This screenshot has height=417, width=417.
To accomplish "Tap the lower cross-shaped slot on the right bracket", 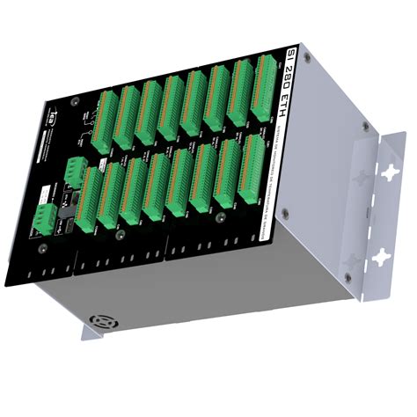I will (380, 258).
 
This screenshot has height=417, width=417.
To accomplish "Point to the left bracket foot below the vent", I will (91, 332).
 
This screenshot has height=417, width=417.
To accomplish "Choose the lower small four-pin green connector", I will (43, 214).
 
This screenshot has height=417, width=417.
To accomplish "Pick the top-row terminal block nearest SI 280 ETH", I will (262, 88).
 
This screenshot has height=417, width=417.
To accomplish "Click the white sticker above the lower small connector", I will (46, 189).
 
